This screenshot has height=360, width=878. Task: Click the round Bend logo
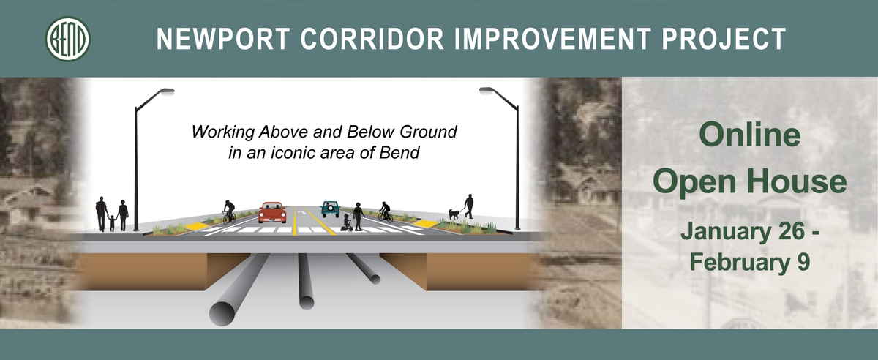tap(68, 39)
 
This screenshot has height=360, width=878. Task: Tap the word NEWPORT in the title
tap(223, 39)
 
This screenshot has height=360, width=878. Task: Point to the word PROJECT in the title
tap(724, 39)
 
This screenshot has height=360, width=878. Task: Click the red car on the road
tap(272, 212)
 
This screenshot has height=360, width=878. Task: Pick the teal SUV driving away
tap(331, 209)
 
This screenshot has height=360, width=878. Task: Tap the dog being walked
tap(454, 214)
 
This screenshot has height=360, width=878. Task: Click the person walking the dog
tap(469, 206)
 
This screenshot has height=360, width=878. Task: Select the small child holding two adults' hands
tap(112, 222)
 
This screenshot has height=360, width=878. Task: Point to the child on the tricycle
tap(348, 222)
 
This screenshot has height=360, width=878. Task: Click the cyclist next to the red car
tap(229, 212)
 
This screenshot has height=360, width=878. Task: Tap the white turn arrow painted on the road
tap(301, 212)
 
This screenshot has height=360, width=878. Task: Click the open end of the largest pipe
tap(222, 314)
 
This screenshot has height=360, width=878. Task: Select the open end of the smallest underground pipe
tap(375, 280)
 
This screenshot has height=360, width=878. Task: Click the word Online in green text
tap(749, 135)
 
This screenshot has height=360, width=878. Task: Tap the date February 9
tap(749, 262)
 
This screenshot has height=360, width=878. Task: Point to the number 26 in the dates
tap(792, 231)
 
